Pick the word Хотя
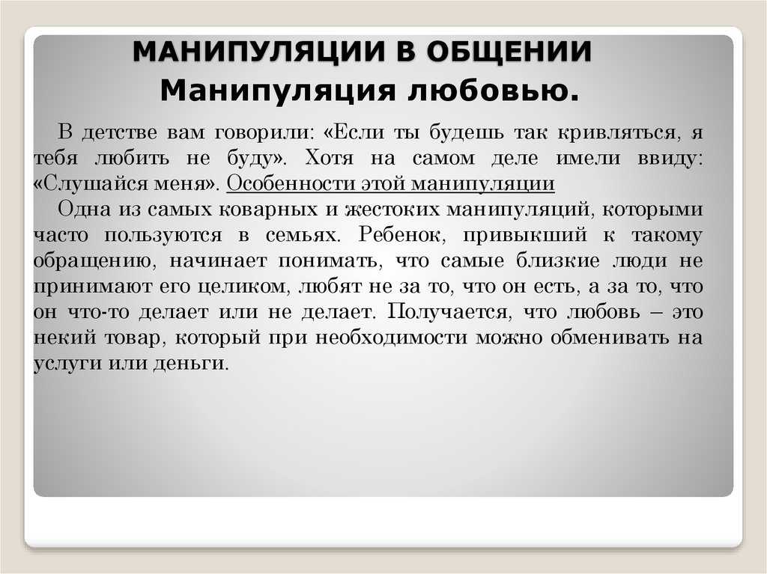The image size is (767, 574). (330, 158)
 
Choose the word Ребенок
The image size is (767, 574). (402, 235)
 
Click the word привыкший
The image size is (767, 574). (525, 235)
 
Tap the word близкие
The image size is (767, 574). (557, 260)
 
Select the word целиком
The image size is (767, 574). (245, 286)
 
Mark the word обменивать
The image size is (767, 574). (610, 338)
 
